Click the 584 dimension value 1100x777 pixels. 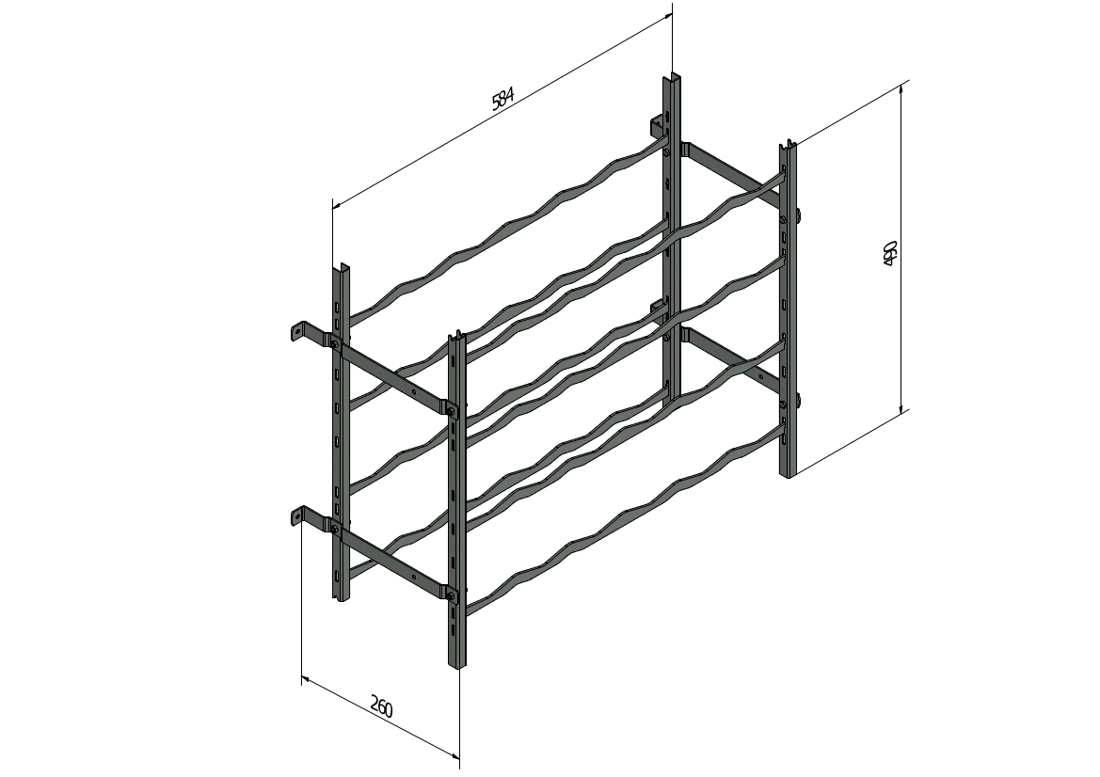click(503, 98)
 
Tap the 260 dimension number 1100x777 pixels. click(381, 706)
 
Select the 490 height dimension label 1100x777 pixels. click(889, 254)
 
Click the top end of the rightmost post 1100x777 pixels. click(787, 145)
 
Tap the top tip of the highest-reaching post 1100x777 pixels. click(673, 75)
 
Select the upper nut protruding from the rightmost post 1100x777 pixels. click(798, 214)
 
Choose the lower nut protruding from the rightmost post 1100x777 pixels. click(798, 401)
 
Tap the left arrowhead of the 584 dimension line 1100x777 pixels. click(337, 205)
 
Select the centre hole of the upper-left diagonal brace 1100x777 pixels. click(414, 392)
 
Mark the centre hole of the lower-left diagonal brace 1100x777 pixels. click(414, 578)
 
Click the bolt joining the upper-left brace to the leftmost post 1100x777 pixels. click(335, 343)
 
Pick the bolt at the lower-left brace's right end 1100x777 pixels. click(451, 596)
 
